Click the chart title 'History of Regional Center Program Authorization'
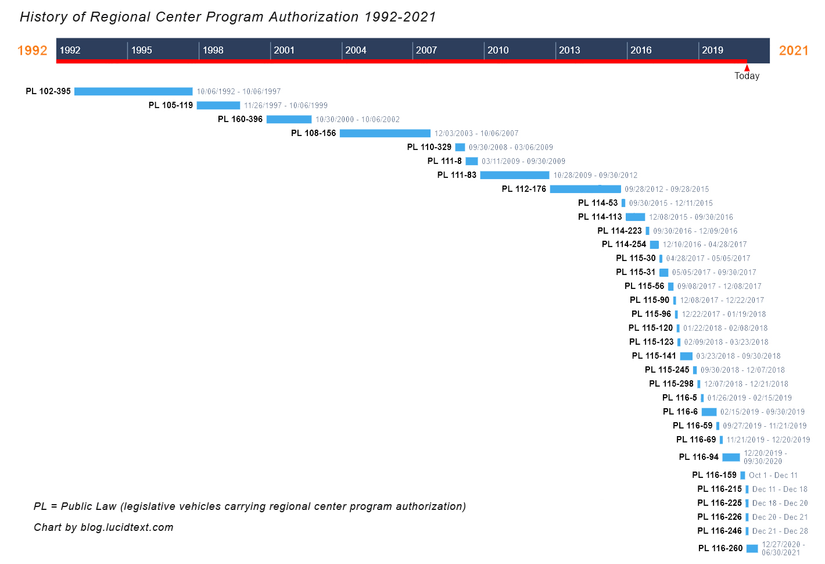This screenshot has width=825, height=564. pyautogui.click(x=228, y=17)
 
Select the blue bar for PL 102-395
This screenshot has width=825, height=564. pyautogui.click(x=134, y=91)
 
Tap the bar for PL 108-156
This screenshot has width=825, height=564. pyautogui.click(x=385, y=133)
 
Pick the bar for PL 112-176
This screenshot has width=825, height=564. pyautogui.click(x=585, y=189)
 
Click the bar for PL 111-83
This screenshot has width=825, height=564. pyautogui.click(x=515, y=175)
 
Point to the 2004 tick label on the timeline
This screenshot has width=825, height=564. pyautogui.click(x=356, y=50)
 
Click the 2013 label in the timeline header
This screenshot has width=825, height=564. pyautogui.click(x=569, y=50)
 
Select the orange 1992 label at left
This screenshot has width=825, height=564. pyautogui.click(x=33, y=51)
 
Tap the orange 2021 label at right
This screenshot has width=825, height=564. pyautogui.click(x=794, y=51)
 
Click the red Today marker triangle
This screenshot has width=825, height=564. pyautogui.click(x=747, y=68)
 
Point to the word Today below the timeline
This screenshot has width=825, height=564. pyautogui.click(x=747, y=76)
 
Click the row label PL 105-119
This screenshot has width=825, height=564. pyautogui.click(x=171, y=105)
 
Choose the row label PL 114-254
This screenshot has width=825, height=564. pyautogui.click(x=624, y=244)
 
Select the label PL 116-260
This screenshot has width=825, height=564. pyautogui.click(x=720, y=548)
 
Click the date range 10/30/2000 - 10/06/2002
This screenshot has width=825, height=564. pyautogui.click(x=357, y=119)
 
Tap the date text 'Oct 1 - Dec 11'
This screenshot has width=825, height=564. pyautogui.click(x=773, y=475)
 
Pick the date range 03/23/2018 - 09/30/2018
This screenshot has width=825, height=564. pyautogui.click(x=738, y=356)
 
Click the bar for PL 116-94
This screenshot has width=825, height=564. pyautogui.click(x=731, y=457)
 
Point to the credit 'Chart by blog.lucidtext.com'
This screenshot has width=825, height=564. pyautogui.click(x=103, y=527)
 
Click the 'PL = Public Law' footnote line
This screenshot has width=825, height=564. pyautogui.click(x=250, y=506)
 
